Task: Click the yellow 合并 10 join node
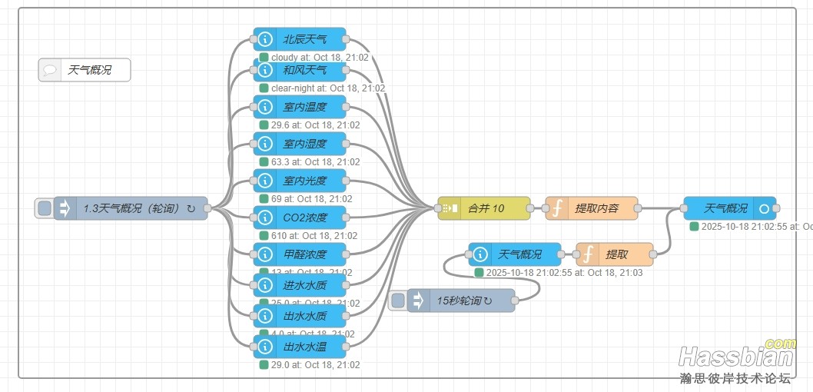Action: [x=484, y=208]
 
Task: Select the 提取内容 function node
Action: [x=592, y=208]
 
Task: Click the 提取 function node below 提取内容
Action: [x=615, y=254]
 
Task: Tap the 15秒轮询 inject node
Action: [x=461, y=301]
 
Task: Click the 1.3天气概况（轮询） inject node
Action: [x=131, y=208]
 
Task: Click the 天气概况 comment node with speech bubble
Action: [x=85, y=70]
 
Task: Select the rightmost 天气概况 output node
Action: [x=730, y=208]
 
